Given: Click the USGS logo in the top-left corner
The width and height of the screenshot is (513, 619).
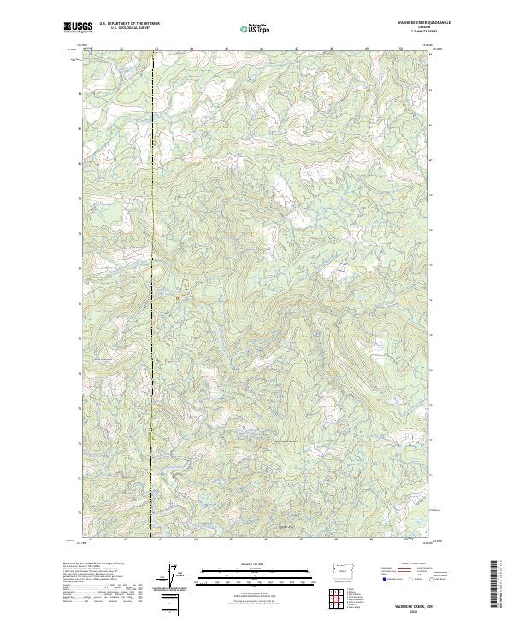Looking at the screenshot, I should (79, 26).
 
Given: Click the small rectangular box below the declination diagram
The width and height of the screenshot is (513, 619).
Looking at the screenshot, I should (170, 604).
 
